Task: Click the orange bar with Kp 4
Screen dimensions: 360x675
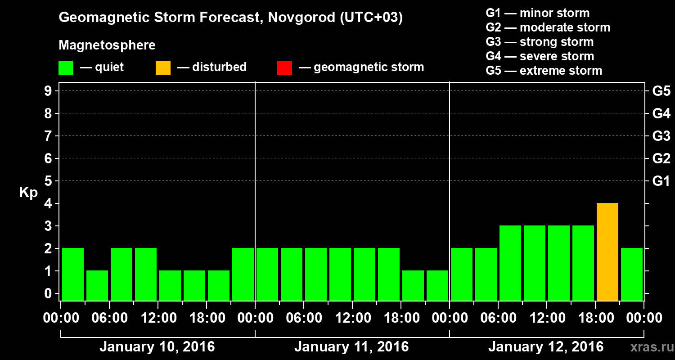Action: [x=607, y=252]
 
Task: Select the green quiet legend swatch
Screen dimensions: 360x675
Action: [x=66, y=68]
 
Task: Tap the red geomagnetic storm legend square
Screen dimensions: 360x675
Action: [x=285, y=68]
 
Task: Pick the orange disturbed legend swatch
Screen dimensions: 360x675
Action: [x=163, y=68]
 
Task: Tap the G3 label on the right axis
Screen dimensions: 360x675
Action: [x=661, y=136]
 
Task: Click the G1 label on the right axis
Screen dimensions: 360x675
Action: [x=661, y=181]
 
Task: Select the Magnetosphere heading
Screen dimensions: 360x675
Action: [x=107, y=45]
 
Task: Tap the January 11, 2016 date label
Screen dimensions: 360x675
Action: [x=351, y=347]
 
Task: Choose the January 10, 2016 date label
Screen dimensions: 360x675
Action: [x=157, y=347]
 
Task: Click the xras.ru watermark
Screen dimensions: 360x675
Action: [x=652, y=347]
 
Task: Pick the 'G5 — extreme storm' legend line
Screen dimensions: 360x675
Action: [x=544, y=71]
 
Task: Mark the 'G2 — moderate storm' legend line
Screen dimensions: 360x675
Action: [x=548, y=27]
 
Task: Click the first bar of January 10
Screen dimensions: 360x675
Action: [x=73, y=274]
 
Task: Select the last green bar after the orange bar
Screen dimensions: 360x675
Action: [x=632, y=274]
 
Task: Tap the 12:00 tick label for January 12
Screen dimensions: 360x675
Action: [x=546, y=318]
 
